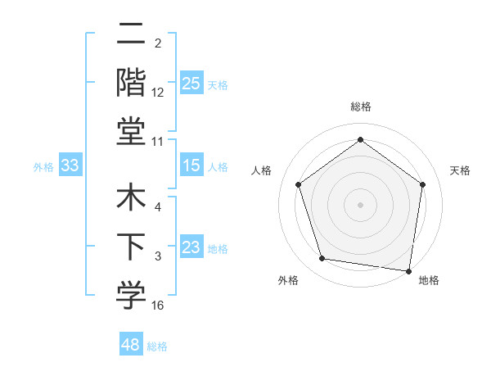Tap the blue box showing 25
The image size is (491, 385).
tap(191, 83)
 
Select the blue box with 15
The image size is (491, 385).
tap(191, 165)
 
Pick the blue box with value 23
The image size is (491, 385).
tap(191, 247)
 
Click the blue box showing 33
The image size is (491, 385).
tap(70, 165)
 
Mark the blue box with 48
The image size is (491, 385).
tap(130, 345)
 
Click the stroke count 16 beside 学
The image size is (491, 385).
tap(158, 306)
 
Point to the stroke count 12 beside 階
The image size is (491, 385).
tap(158, 92)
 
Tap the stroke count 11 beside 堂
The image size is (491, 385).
tap(158, 141)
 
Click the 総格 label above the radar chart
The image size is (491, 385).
tap(360, 106)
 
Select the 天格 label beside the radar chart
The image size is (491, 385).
tap(460, 170)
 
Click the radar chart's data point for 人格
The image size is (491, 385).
tap(298, 185)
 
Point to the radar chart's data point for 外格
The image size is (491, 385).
tap(322, 259)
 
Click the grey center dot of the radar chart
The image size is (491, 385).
tap(360, 204)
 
